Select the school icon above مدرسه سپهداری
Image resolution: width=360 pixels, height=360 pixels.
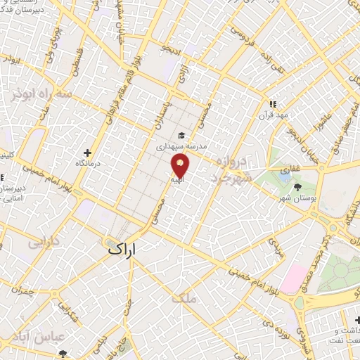[181, 136]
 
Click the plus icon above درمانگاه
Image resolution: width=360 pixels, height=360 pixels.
[87, 152]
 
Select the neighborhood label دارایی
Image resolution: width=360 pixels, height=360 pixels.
[43, 243]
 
